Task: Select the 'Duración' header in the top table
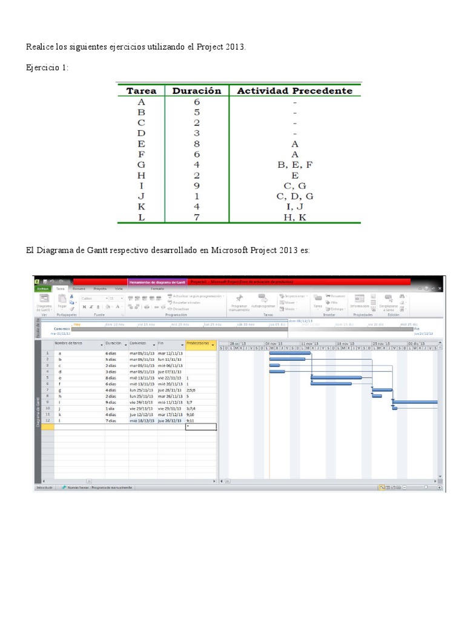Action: pos(197,91)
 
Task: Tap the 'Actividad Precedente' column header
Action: pos(294,91)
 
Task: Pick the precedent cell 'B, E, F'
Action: pos(295,164)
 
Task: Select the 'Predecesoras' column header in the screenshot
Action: pos(199,343)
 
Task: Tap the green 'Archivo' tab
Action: pos(43,289)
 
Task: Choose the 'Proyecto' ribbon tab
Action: pos(100,289)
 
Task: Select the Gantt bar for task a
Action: pos(289,354)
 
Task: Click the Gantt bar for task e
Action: pos(336,378)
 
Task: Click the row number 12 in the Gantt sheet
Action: pos(47,420)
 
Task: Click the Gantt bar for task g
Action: pos(381,390)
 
